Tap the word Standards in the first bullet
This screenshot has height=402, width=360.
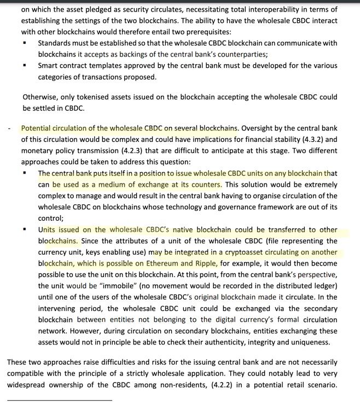(x=56, y=43)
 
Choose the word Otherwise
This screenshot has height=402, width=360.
(x=40, y=97)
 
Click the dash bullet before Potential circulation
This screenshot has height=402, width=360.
(x=9, y=129)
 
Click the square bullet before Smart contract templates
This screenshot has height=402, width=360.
(x=25, y=66)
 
